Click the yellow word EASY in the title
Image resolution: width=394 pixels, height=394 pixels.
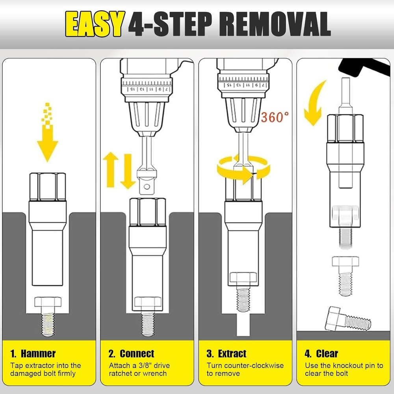[95, 24]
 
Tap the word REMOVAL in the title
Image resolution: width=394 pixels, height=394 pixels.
[275, 24]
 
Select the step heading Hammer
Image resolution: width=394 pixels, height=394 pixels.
[38, 353]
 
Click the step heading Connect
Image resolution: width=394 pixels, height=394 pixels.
[137, 353]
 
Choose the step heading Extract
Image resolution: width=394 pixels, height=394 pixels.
[232, 353]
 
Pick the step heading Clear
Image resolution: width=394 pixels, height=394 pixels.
[327, 353]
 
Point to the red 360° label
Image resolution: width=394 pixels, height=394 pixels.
[275, 117]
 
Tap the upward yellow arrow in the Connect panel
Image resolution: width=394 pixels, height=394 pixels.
[111, 169]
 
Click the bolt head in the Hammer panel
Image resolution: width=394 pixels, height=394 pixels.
[48, 302]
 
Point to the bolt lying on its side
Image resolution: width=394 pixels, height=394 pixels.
[348, 319]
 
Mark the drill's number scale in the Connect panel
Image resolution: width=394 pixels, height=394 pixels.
[147, 86]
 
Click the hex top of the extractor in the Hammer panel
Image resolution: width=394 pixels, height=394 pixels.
[48, 187]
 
